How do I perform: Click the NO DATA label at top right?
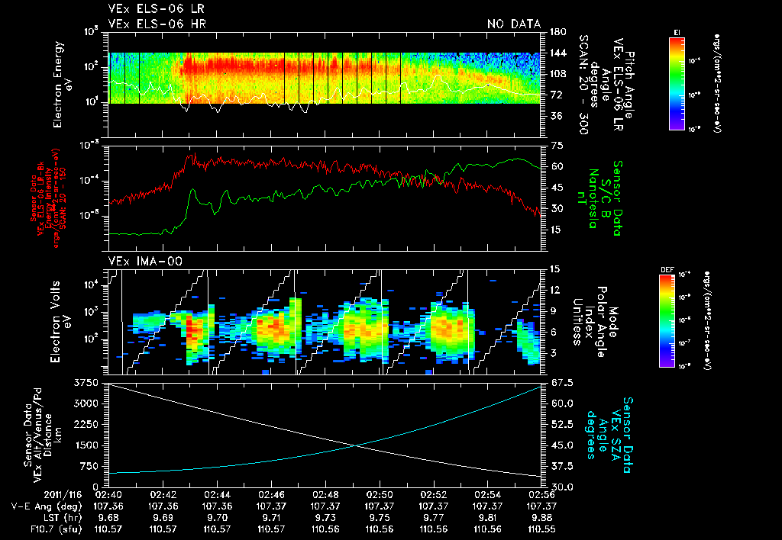(514, 24)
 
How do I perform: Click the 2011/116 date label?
(69, 494)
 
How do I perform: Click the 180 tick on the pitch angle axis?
(557, 32)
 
